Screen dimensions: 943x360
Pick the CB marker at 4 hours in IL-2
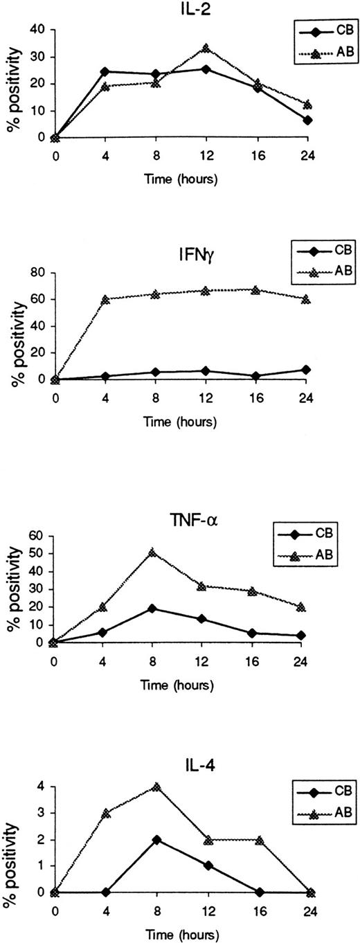(105, 71)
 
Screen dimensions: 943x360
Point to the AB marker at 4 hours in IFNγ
(105, 299)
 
